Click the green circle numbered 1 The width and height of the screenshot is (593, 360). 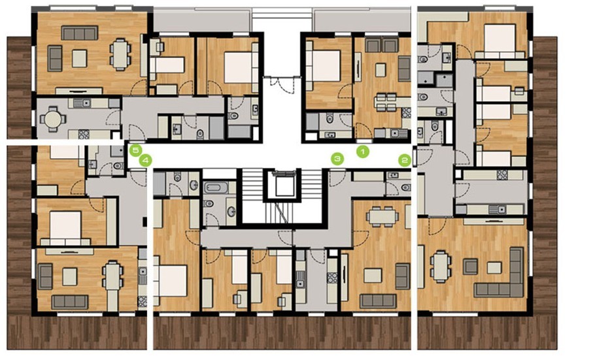363,152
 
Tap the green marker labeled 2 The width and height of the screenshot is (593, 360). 405,161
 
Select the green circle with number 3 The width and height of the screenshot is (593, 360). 337,159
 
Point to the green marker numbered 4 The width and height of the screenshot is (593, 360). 145,161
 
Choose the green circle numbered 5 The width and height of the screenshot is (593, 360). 135,150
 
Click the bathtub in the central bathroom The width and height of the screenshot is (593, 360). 216,188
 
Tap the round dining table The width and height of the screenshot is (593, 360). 52,120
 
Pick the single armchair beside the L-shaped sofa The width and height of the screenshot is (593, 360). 471,267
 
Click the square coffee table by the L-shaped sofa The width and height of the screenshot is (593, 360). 494,268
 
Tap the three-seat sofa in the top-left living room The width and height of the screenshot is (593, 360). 79,33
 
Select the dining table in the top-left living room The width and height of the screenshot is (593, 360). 120,55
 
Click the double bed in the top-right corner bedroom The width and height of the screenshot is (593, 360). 500,41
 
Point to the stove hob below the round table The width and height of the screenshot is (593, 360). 84,134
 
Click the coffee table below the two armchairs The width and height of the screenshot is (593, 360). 381,71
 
